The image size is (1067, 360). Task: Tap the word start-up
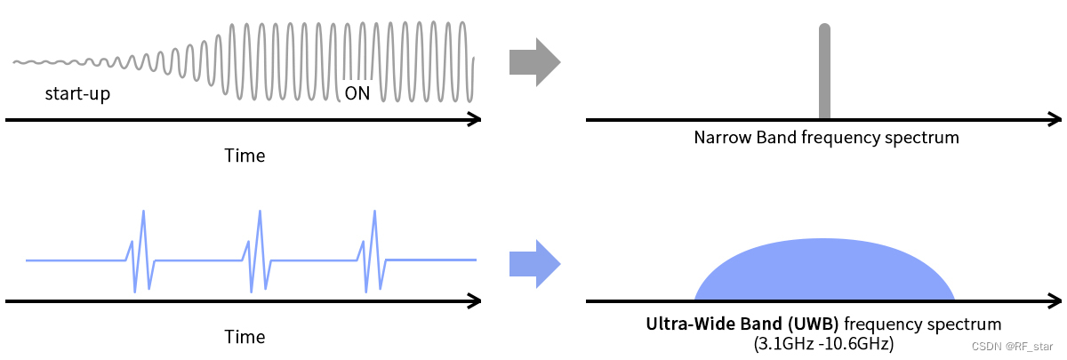[x=77, y=93]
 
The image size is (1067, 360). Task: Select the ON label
[x=357, y=93]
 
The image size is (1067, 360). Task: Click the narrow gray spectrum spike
[x=824, y=71]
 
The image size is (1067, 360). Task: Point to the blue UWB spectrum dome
[x=824, y=271]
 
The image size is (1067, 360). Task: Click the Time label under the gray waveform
[x=245, y=156]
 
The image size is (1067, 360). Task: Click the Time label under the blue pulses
[x=245, y=337]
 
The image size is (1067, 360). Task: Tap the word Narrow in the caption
[x=718, y=138]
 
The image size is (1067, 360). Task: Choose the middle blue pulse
[x=258, y=253]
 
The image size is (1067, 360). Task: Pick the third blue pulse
[x=373, y=253]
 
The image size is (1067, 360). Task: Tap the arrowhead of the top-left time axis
[x=474, y=119]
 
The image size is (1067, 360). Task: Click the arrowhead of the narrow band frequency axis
[x=1055, y=119]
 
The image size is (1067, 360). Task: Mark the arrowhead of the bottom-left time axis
[x=474, y=301]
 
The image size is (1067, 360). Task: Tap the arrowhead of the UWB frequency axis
[x=1055, y=301]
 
